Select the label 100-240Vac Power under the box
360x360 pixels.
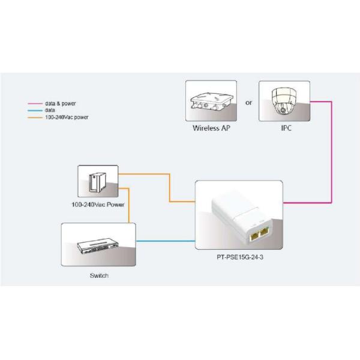pos(98,204)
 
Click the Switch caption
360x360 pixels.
pos(99,275)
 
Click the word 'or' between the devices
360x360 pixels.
pos(248,103)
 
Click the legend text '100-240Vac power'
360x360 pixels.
pos(67,117)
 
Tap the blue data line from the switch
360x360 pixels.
pos(166,241)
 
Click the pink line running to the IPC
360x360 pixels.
pos(331,156)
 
